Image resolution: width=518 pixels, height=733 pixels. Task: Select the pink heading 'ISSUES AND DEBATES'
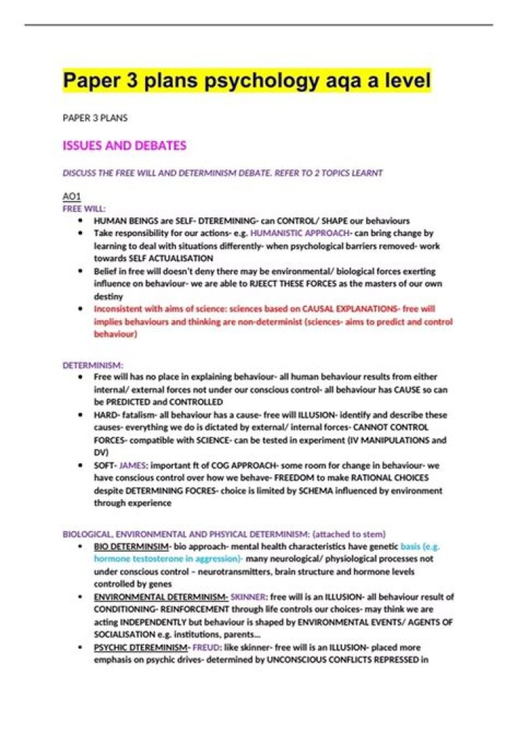point(124,145)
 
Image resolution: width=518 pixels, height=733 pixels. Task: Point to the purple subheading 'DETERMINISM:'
point(93,365)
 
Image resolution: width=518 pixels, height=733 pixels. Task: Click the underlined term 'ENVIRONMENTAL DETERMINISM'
point(160,597)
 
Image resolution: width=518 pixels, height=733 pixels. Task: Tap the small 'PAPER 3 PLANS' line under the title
point(95,117)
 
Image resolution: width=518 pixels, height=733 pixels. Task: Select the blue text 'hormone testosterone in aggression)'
point(168,559)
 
